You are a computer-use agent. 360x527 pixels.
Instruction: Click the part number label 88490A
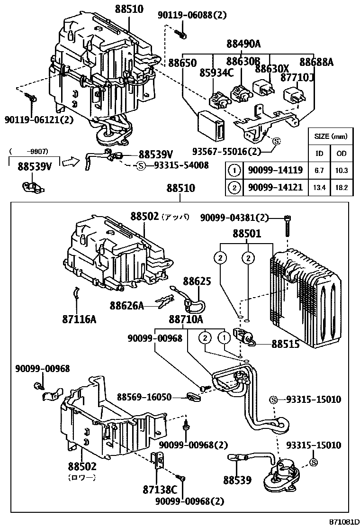[243, 44]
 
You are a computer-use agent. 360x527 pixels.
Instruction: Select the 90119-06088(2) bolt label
[192, 15]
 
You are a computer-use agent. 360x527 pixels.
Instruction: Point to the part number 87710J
[297, 77]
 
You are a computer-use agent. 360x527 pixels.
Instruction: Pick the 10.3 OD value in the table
[341, 170]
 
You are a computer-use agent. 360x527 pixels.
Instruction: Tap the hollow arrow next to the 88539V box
[70, 162]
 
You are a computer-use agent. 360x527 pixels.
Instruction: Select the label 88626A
[126, 306]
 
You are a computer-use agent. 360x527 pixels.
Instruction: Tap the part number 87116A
[79, 319]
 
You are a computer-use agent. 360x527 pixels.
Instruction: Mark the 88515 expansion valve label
[285, 344]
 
